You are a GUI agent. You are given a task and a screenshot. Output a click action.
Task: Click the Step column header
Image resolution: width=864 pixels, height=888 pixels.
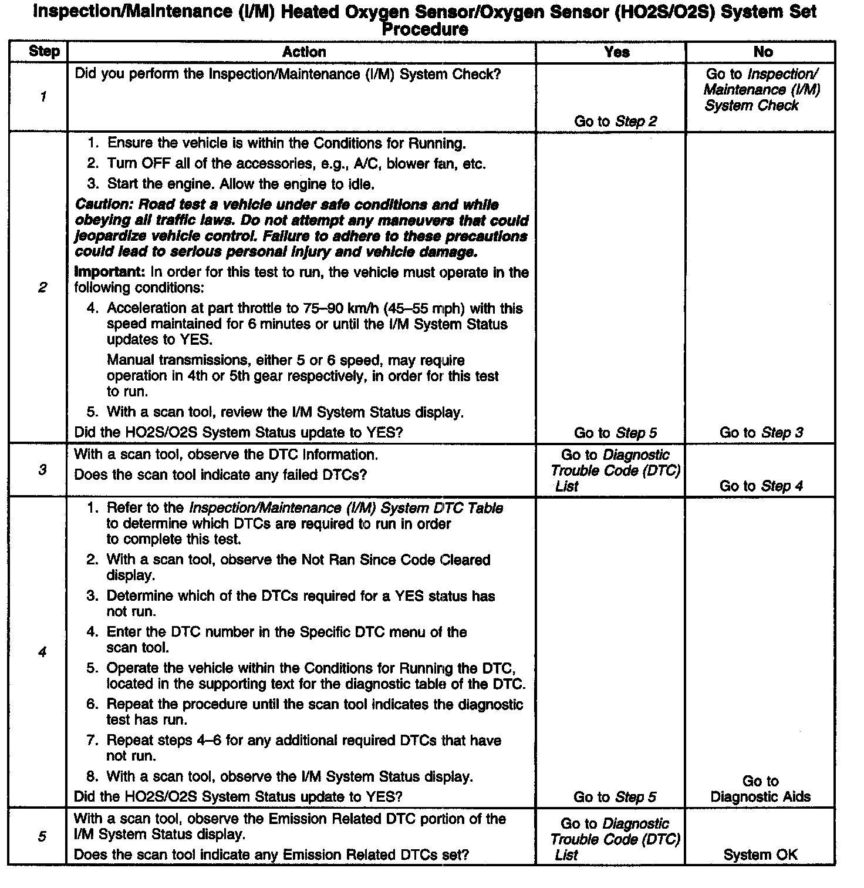44,52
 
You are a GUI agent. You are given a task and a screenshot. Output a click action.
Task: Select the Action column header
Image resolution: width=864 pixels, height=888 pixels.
303,52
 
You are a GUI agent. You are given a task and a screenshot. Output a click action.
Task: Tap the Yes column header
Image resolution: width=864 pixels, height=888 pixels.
616,52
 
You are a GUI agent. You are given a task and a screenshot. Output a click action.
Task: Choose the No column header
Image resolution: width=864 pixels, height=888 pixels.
762,52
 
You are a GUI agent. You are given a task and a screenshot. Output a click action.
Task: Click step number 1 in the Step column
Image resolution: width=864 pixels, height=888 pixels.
43,97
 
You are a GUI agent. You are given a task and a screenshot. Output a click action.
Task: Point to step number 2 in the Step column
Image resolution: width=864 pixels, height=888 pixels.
42,288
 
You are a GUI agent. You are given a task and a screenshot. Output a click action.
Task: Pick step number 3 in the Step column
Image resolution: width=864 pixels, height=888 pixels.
42,470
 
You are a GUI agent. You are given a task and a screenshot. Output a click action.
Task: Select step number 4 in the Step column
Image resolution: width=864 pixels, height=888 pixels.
42,652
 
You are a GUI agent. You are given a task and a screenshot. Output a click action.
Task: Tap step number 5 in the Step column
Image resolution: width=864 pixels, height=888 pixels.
42,836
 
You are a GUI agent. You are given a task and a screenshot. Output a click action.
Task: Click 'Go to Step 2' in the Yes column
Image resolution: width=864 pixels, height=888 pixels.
615,122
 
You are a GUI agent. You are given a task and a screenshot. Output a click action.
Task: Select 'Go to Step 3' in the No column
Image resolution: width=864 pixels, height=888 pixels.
761,433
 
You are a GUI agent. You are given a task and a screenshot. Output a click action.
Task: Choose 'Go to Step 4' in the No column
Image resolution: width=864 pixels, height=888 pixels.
761,486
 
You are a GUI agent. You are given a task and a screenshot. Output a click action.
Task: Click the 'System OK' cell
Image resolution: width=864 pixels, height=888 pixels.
760,855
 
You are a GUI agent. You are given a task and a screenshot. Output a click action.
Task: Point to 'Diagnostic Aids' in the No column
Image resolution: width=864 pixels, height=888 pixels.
760,797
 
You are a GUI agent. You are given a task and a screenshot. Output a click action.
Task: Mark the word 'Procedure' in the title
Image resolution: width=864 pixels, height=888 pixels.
425,29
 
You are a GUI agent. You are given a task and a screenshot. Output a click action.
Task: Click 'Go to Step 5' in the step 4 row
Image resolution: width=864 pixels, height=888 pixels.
615,797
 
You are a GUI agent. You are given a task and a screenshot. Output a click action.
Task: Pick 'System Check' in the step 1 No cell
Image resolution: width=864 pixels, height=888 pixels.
751,106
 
